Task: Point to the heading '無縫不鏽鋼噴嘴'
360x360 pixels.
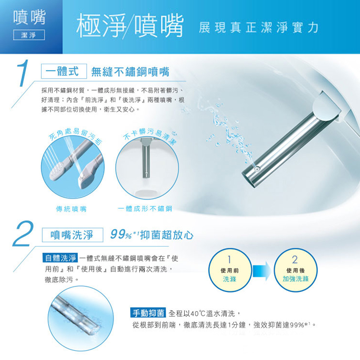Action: point(130,71)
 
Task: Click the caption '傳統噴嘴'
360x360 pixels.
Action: point(71,209)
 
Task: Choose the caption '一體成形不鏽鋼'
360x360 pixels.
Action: point(144,209)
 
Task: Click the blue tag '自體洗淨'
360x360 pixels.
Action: point(60,258)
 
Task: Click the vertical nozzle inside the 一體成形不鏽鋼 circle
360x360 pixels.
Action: point(144,159)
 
